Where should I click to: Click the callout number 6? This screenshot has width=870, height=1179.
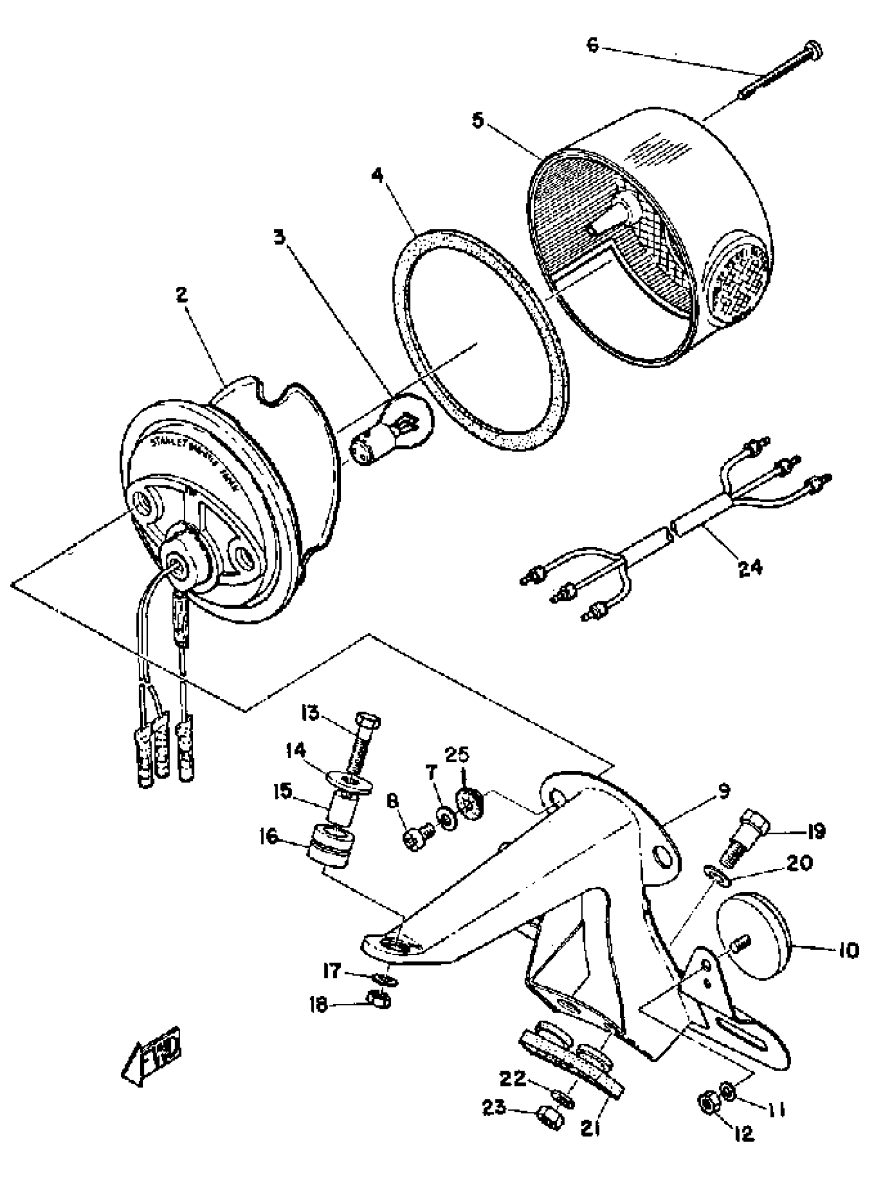pos(593,46)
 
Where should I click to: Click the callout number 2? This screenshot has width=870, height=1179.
pos(182,295)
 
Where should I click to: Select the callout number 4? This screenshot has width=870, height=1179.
pos(377,176)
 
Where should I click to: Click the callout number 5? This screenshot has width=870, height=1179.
pos(477,121)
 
